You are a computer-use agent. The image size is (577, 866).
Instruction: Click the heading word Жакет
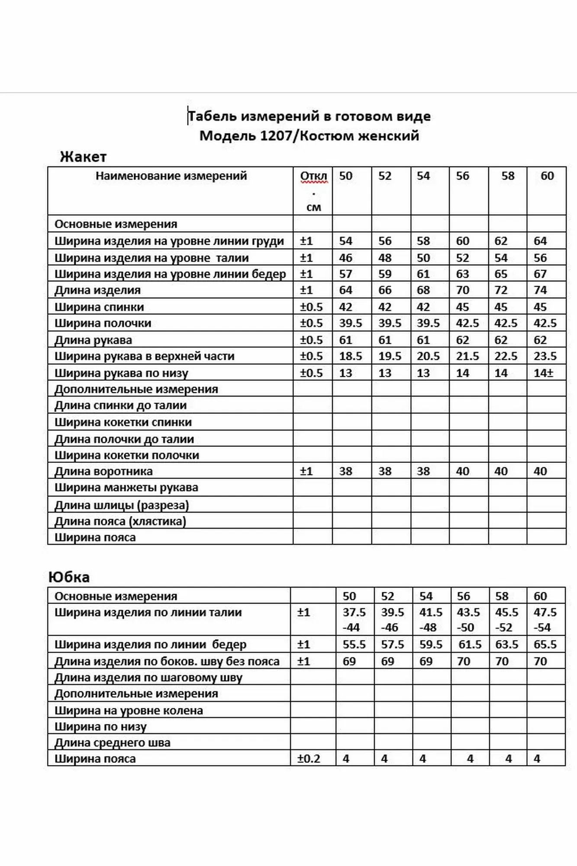(83, 157)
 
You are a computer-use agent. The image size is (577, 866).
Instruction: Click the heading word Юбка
(69, 577)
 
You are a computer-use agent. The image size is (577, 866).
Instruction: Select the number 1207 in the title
(276, 136)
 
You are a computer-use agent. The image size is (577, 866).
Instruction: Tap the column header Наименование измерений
(171, 176)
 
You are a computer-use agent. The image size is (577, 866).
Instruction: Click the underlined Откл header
(313, 176)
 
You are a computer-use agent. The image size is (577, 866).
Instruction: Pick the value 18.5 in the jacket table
(350, 356)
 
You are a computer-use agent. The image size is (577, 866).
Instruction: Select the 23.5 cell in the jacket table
(545, 356)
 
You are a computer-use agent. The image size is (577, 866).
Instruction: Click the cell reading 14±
(544, 373)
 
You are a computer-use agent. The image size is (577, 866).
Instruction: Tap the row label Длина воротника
(103, 471)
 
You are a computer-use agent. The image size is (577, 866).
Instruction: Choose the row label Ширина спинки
(99, 307)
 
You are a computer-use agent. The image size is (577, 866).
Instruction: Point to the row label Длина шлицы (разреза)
(122, 505)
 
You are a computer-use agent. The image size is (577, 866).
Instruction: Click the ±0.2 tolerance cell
(309, 759)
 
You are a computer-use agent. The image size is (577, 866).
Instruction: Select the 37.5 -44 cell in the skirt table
(354, 620)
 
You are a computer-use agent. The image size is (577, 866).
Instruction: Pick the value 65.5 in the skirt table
(545, 644)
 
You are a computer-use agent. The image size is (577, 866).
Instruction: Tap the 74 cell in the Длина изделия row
(540, 290)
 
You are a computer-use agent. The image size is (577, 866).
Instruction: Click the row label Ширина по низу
(100, 727)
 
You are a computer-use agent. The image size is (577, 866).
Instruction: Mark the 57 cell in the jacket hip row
(345, 274)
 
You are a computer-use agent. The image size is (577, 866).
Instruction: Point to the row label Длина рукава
(93, 340)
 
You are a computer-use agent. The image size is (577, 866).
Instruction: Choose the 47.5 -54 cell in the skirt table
(545, 620)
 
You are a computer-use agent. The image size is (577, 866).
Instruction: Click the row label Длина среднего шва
(113, 743)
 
